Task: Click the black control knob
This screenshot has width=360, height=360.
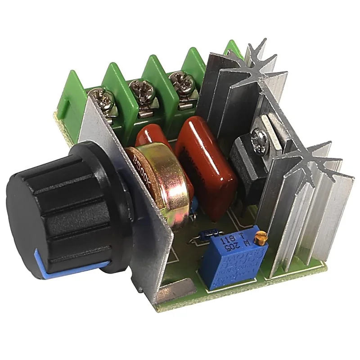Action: coord(63,202)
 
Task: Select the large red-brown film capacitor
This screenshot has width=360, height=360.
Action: coord(207,166)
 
